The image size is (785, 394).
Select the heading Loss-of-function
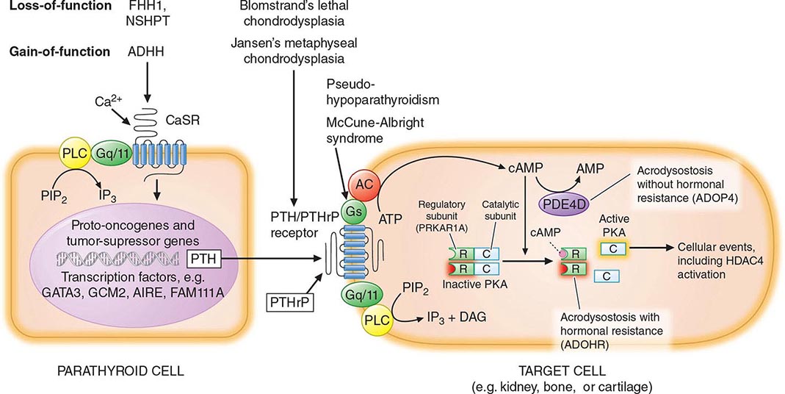[x=55, y=7]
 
